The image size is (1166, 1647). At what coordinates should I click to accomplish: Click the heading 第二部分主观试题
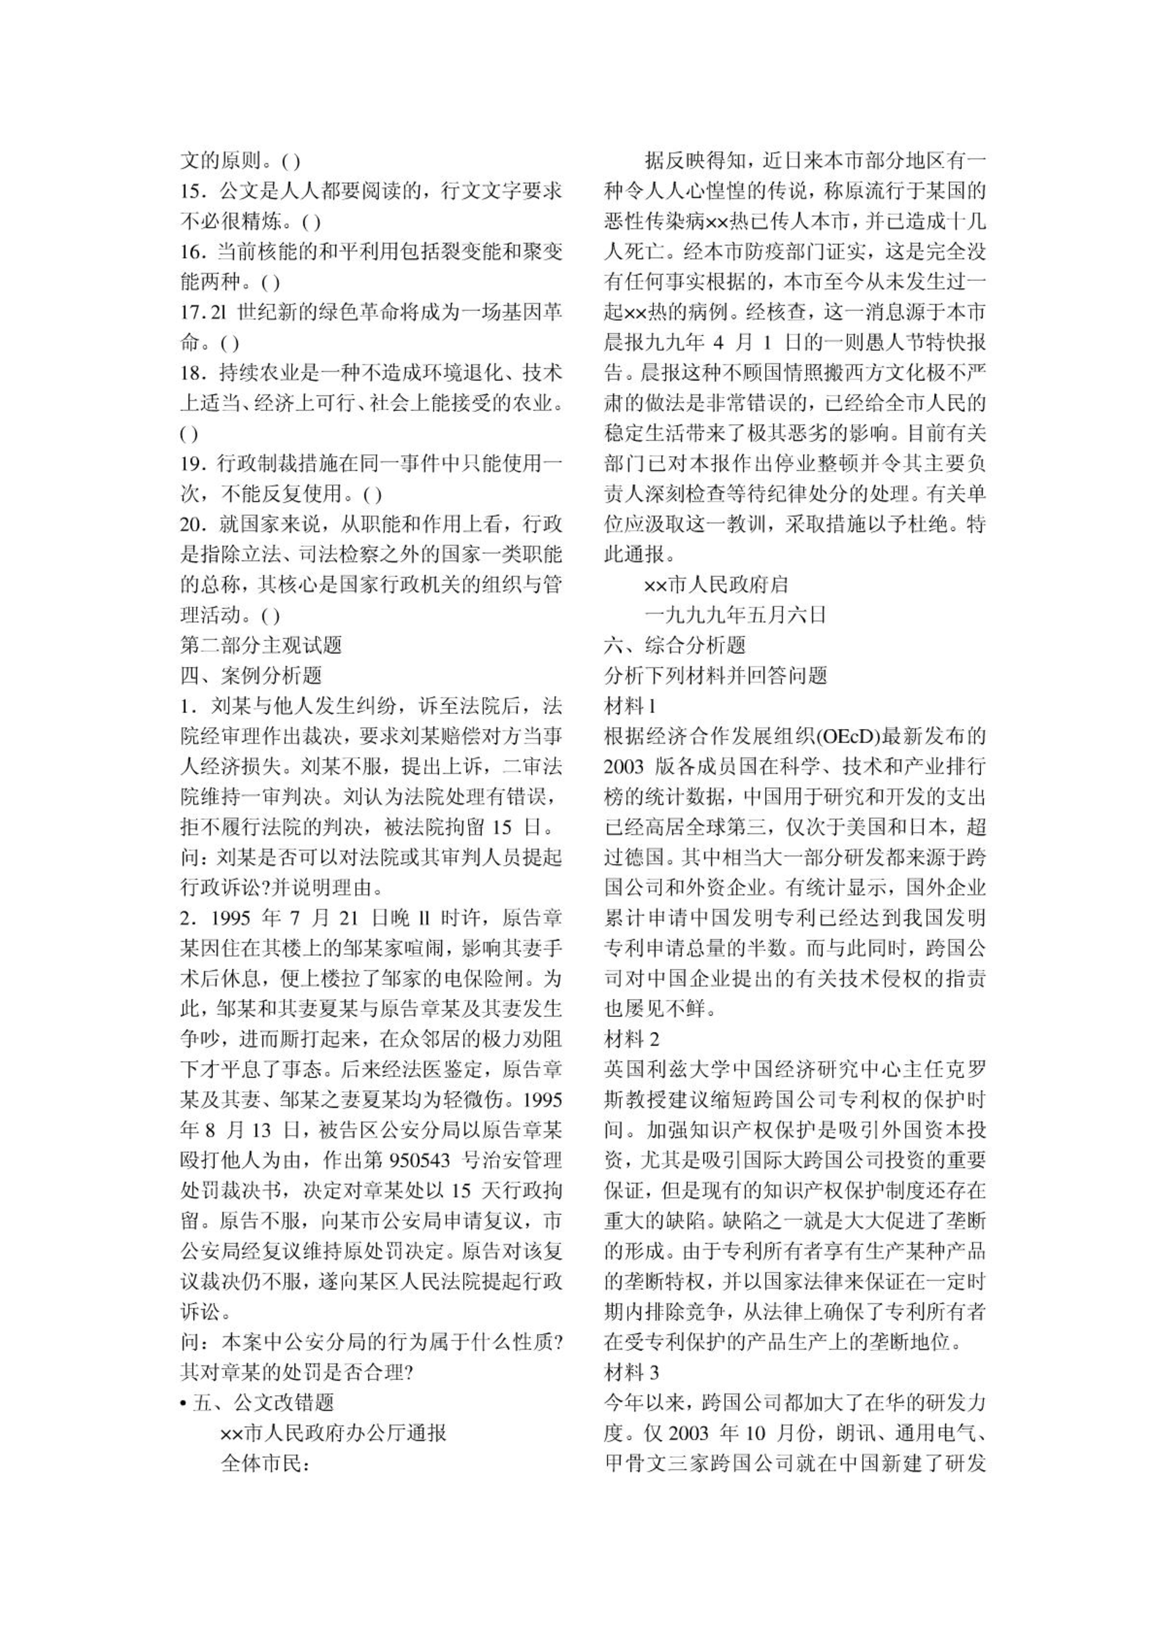261,645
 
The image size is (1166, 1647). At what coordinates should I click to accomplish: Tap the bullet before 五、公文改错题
184,1403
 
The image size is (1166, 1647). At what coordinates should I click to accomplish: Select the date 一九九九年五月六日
735,615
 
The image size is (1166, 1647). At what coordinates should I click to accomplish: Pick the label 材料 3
632,1373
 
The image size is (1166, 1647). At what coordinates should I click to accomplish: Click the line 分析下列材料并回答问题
715,676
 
